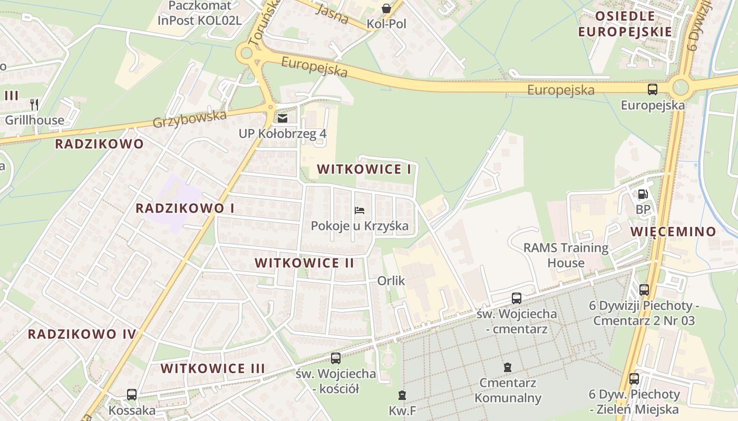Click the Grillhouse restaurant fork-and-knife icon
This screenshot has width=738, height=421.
click(34, 104)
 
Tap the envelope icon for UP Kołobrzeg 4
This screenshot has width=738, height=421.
click(283, 118)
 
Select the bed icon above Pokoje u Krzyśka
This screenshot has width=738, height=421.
click(360, 210)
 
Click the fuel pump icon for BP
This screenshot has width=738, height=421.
click(643, 194)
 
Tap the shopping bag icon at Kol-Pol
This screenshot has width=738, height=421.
click(386, 8)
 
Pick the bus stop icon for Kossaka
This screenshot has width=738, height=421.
click(132, 394)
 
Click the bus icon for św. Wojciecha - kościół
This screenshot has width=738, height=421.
click(336, 358)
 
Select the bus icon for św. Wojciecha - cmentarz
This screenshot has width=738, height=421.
click(517, 298)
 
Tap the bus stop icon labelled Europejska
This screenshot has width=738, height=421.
click(653, 89)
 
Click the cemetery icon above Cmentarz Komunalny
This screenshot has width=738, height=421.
click(507, 367)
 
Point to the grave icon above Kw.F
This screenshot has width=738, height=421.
click(402, 395)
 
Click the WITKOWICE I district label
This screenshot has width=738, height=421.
click(364, 169)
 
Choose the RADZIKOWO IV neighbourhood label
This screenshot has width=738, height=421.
click(82, 334)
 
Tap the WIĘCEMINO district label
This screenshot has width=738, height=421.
click(674, 232)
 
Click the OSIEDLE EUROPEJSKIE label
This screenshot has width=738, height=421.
click(625, 24)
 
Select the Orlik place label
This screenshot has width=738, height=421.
click(391, 281)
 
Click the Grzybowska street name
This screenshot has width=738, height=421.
click(189, 119)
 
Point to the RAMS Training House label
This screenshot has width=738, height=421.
click(566, 255)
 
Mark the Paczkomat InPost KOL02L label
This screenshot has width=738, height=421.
click(200, 13)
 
